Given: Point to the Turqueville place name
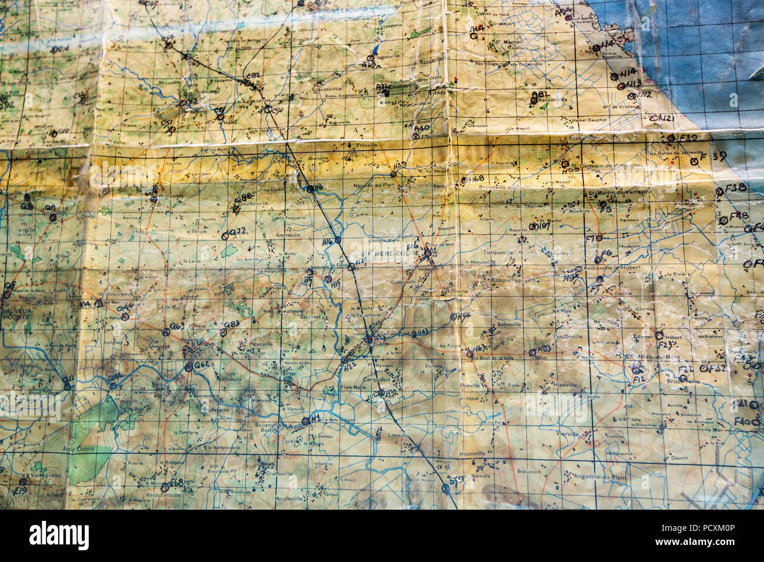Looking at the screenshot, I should (497, 252).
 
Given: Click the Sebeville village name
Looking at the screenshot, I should (509, 325).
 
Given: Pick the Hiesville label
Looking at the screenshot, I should (565, 384).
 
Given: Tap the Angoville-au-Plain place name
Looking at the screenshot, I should (595, 477).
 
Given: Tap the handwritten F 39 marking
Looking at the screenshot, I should (714, 156).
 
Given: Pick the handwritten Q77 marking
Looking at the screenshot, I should (237, 232).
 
